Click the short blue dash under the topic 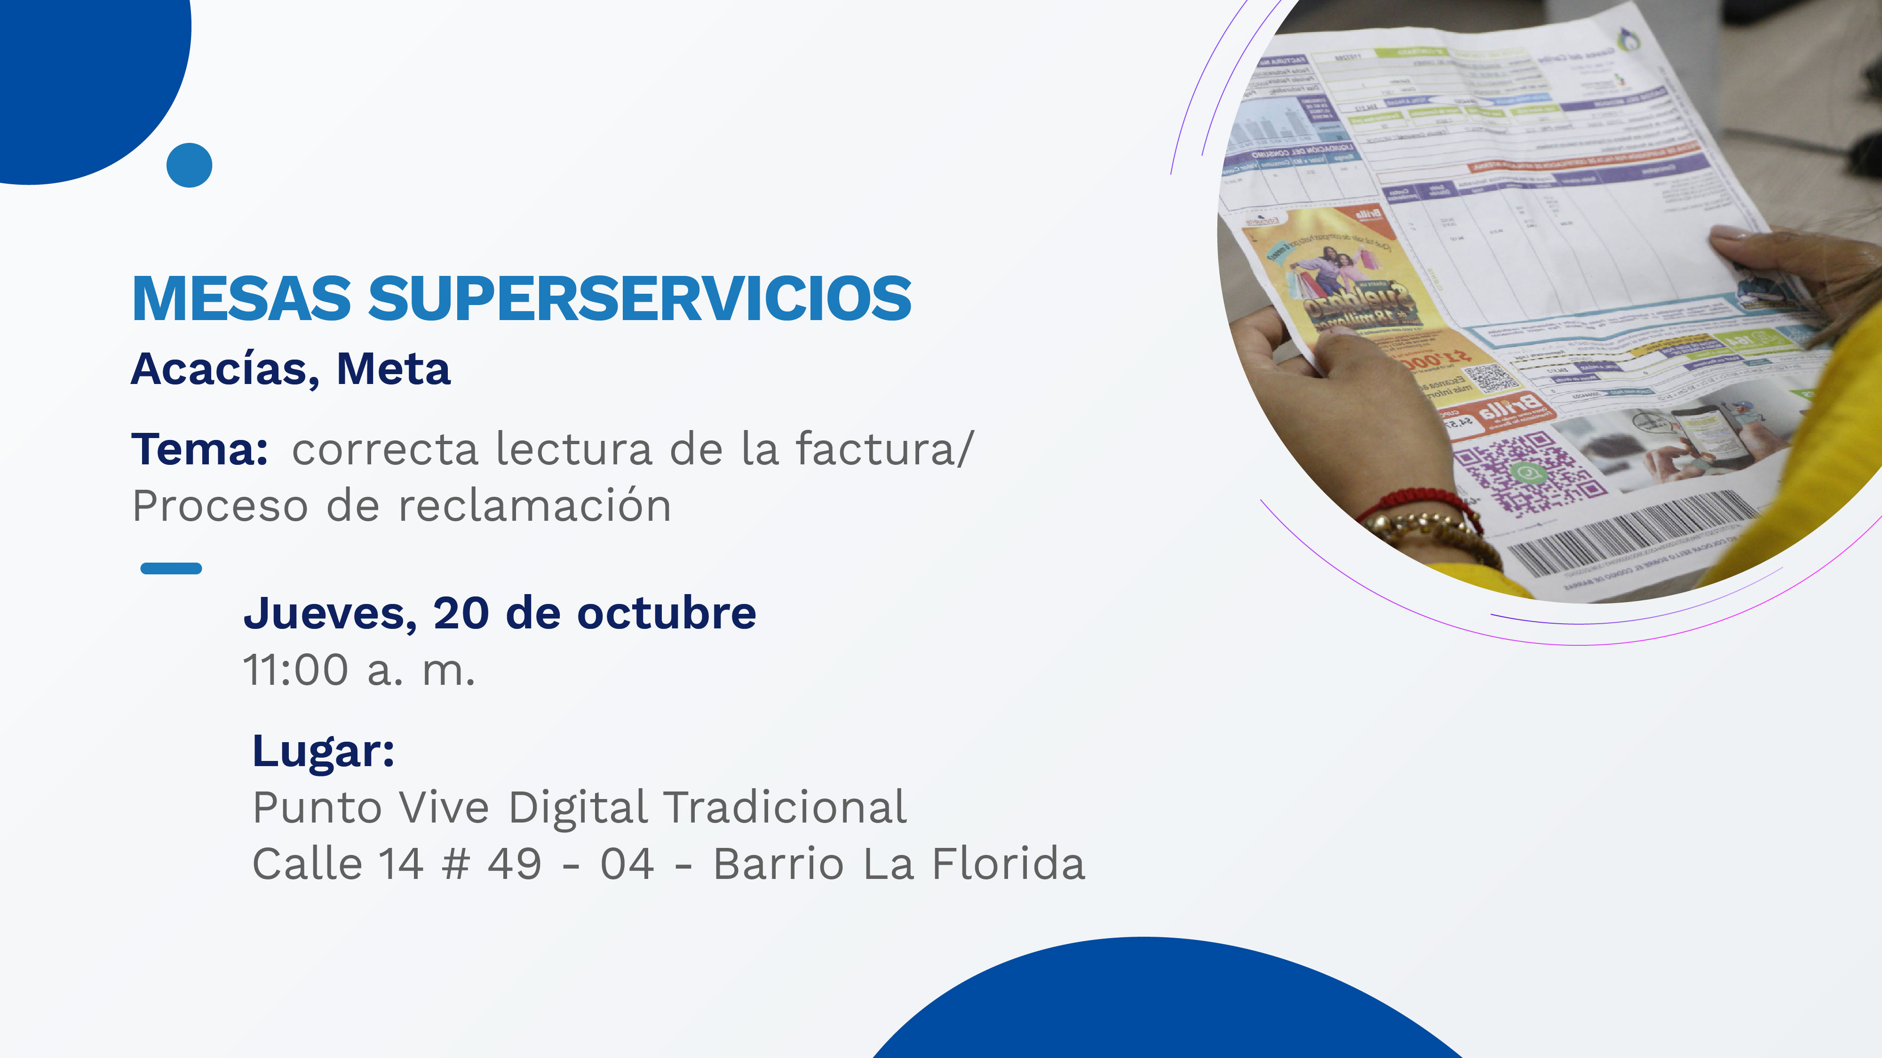171,568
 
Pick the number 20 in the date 461,613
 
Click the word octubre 667,613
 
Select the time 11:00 296,670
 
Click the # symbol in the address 456,864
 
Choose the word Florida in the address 1008,864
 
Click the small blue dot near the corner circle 189,165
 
